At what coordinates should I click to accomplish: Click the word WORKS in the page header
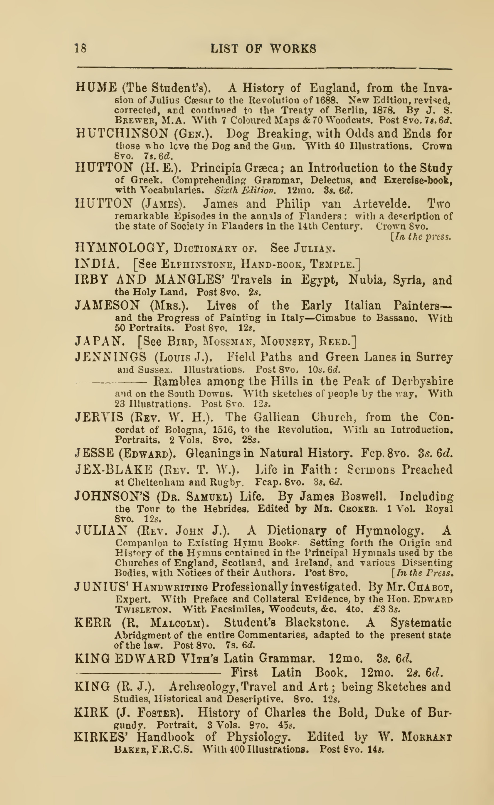pyautogui.click(x=293, y=49)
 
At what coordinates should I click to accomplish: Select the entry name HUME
pyautogui.click(x=96, y=88)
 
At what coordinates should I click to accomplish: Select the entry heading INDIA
pyautogui.click(x=95, y=263)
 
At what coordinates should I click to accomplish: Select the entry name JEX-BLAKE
pyautogui.click(x=114, y=470)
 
